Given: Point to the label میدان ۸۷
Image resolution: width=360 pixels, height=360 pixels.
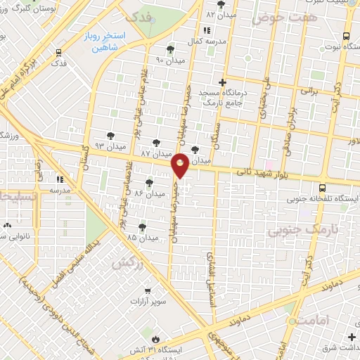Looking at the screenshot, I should coord(156,153).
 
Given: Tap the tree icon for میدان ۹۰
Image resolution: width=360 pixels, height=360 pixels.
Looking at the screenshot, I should coord(169,49).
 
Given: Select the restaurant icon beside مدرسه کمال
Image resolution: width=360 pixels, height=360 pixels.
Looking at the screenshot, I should coord(206,31).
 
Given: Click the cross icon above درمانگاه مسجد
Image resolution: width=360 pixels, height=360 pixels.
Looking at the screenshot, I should coord(223,82).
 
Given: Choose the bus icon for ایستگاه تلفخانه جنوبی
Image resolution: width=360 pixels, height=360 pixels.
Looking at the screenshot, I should coord(321,188).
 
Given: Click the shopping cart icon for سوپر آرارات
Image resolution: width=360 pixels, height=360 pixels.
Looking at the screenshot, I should coord(147,290).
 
